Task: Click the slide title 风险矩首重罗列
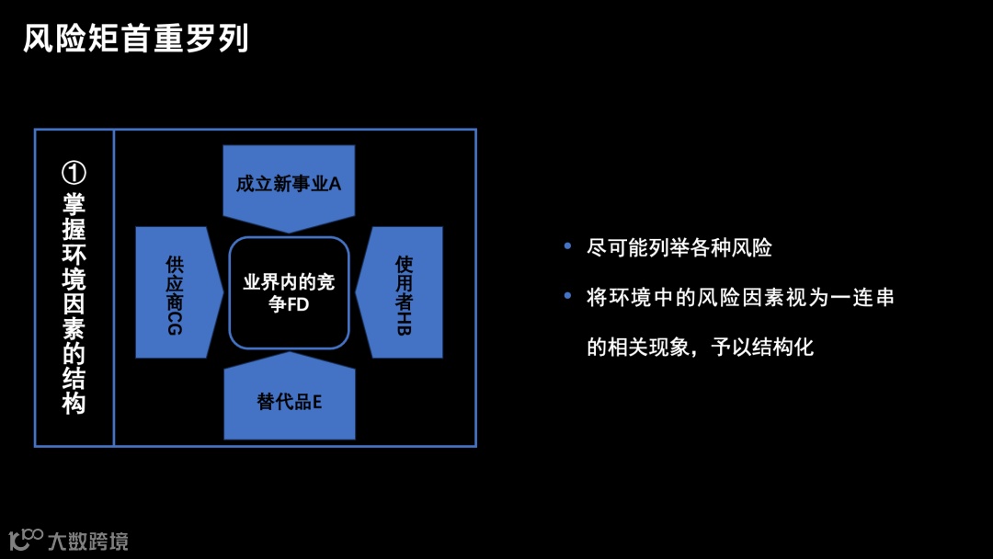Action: click(136, 40)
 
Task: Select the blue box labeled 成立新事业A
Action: click(289, 184)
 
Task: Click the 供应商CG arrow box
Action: click(176, 292)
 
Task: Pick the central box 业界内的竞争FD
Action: click(289, 292)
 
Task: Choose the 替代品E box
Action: click(289, 402)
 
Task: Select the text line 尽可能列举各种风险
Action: click(679, 247)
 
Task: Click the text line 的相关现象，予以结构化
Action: click(701, 348)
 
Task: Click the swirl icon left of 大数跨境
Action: click(26, 539)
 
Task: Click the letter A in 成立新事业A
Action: click(335, 184)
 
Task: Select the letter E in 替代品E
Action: click(316, 403)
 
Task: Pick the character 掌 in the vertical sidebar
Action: click(74, 204)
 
